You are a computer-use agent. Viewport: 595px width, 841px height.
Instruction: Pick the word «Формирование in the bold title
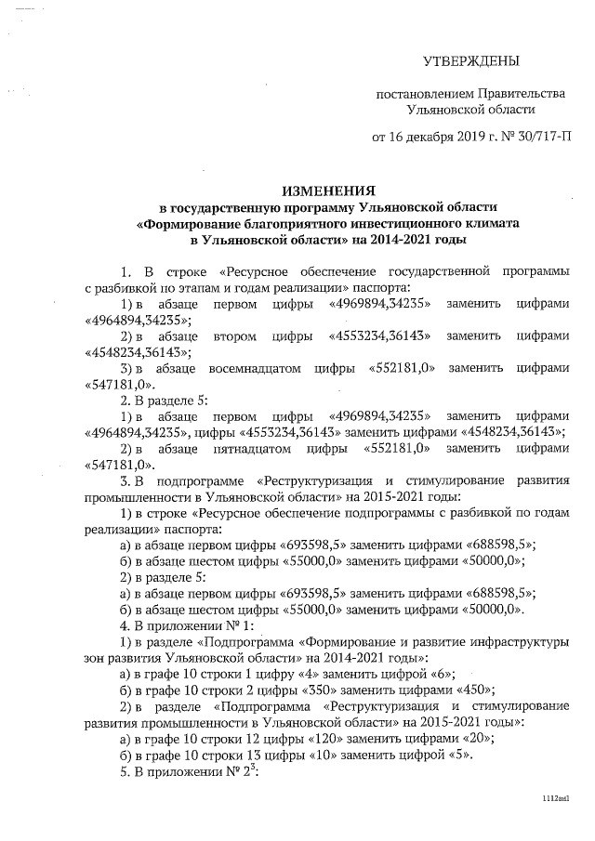point(187,223)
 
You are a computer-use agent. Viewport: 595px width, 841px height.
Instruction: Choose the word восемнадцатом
point(244,367)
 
